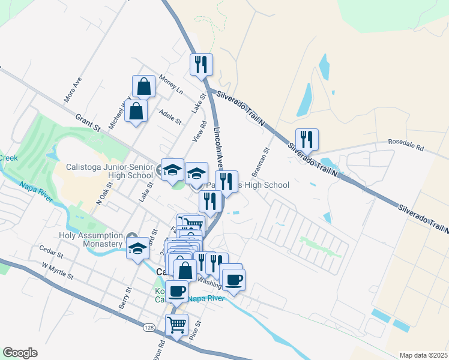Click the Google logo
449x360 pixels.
[x=20, y=353]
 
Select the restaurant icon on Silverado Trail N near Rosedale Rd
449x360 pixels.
[x=307, y=139]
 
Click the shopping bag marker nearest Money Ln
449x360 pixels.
[x=145, y=86]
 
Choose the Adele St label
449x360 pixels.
[x=170, y=116]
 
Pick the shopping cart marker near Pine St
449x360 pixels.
[x=176, y=325]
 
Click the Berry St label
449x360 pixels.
[x=125, y=298]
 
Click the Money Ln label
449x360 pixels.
[x=171, y=84]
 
